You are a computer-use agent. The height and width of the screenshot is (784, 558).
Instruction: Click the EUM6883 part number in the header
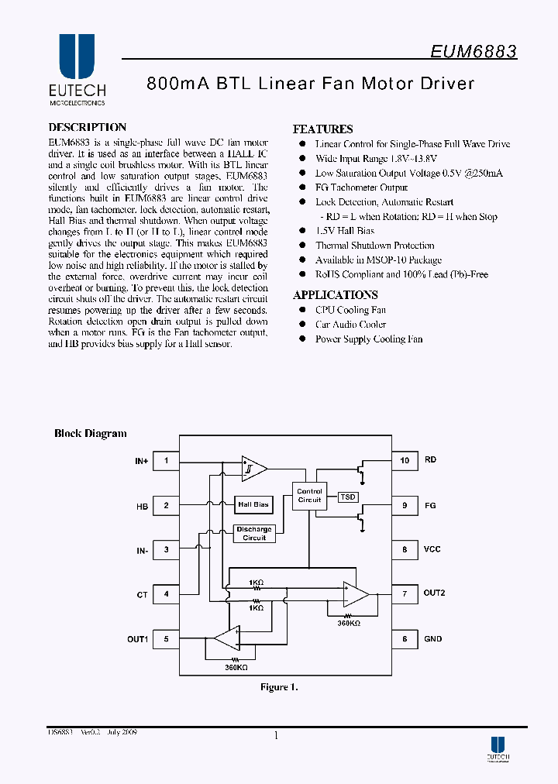click(474, 52)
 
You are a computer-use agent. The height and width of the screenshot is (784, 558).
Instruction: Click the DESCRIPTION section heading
click(87, 128)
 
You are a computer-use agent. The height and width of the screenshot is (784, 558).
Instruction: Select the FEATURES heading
click(322, 129)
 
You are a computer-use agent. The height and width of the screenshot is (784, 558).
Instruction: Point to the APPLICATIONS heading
click(335, 295)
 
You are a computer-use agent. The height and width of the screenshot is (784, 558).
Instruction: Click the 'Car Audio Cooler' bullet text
click(350, 325)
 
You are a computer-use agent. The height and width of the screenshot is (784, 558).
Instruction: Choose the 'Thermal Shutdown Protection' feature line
click(374, 246)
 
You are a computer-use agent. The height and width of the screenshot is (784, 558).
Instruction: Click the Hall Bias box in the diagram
click(253, 504)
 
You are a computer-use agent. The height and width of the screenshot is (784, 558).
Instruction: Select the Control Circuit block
click(309, 496)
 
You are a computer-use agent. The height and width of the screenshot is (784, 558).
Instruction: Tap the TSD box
click(348, 496)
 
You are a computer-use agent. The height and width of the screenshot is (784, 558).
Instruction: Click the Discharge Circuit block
click(254, 534)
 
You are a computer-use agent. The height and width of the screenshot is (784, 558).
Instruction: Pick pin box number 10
click(405, 460)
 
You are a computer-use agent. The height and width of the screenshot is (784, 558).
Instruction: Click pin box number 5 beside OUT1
click(166, 639)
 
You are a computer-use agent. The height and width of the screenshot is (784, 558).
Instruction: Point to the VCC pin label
click(432, 549)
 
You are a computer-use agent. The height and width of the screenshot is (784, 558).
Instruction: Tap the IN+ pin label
click(141, 461)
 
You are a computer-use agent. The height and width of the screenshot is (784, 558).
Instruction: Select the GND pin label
click(432, 639)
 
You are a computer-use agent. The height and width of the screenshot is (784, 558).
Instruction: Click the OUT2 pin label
click(434, 594)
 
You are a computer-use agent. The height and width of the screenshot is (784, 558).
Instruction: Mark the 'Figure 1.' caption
click(278, 687)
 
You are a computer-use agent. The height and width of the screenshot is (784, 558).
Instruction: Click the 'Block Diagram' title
click(90, 434)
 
